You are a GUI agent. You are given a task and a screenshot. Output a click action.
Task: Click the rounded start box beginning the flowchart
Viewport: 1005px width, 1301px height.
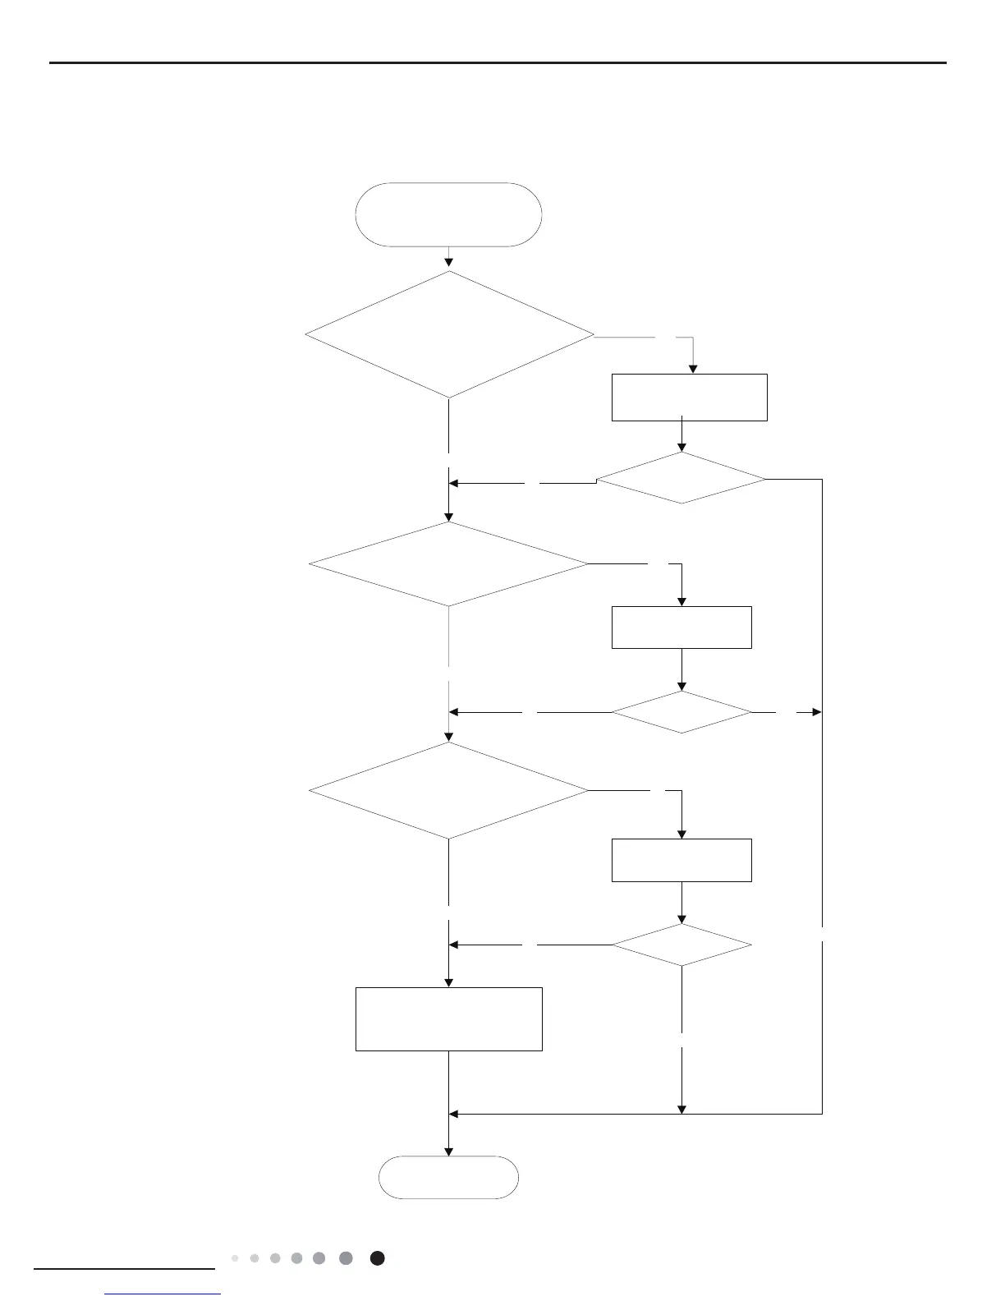coord(448,214)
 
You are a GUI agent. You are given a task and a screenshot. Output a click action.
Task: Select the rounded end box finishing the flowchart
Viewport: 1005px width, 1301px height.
coord(448,1177)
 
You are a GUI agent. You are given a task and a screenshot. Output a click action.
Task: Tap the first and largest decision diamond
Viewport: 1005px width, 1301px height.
coord(449,335)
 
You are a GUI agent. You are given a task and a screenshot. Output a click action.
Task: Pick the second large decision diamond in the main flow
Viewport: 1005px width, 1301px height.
coord(449,564)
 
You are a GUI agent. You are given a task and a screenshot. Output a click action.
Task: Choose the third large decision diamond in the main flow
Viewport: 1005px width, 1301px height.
coord(449,791)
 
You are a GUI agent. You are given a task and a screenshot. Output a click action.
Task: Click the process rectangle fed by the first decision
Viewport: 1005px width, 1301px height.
coord(689,398)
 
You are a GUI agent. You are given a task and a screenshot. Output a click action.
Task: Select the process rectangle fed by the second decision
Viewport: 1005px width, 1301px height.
coord(681,628)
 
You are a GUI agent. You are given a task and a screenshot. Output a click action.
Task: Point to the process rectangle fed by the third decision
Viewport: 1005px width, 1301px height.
coord(681,860)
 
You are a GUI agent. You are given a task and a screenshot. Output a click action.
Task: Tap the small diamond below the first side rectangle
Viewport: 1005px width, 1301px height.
coord(681,478)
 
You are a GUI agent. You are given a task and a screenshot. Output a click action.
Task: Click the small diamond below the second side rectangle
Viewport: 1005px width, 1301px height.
coord(681,712)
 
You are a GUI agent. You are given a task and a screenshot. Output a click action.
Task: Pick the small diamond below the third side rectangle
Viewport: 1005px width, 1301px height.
coord(681,945)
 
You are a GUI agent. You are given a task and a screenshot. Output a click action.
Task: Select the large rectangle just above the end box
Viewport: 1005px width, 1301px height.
coord(448,1018)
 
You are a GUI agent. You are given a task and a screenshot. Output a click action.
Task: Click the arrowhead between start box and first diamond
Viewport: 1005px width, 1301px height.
coord(449,263)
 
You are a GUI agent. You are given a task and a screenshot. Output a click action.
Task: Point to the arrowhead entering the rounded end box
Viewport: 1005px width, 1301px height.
coord(449,1151)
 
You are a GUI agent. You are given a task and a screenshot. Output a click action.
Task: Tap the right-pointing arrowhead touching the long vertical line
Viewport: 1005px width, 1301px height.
coord(816,712)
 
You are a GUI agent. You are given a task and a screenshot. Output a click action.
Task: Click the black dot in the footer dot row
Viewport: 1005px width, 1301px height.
coord(377,1258)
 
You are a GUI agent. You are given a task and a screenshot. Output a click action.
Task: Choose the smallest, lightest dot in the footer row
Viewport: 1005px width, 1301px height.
coord(235,1258)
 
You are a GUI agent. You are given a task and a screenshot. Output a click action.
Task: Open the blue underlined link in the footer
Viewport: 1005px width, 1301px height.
coord(163,1294)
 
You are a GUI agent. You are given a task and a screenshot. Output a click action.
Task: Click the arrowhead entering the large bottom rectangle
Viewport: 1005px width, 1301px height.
coord(449,981)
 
